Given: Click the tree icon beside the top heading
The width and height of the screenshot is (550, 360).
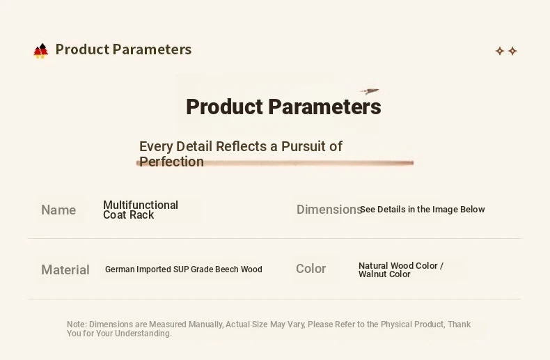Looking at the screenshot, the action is [x=40, y=51].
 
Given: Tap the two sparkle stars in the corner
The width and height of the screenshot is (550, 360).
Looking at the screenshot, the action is [x=506, y=52].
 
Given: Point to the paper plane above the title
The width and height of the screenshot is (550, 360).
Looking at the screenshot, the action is [x=370, y=91].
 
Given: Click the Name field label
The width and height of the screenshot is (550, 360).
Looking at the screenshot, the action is [x=58, y=210].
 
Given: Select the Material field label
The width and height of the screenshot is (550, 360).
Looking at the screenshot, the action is [x=65, y=269].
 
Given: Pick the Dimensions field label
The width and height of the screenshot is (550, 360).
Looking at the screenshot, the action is [x=329, y=210].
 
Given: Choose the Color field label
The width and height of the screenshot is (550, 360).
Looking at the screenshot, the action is [x=311, y=268].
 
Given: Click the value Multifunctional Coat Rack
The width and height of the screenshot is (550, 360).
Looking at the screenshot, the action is [x=141, y=210].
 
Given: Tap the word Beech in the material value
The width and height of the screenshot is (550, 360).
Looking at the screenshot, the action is [x=227, y=269].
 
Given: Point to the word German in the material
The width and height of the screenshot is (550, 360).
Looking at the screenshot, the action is [x=120, y=269].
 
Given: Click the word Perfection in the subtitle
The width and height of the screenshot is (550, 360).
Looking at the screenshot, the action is [x=171, y=162].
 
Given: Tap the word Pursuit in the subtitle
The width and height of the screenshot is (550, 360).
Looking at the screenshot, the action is [x=303, y=146].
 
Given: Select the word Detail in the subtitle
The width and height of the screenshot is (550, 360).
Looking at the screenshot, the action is [x=194, y=146].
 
